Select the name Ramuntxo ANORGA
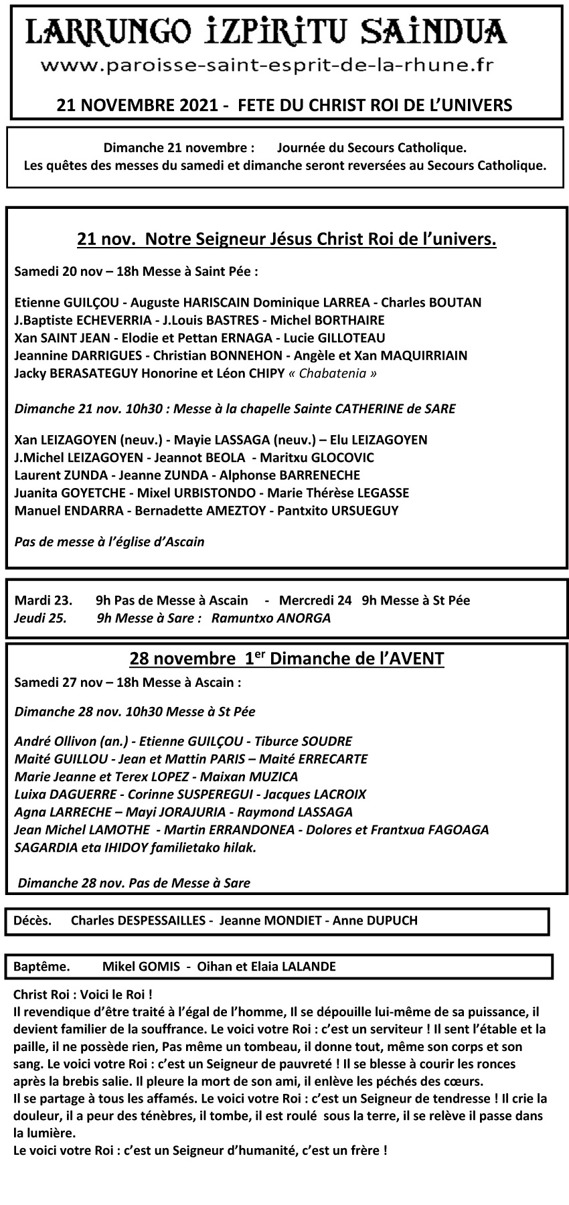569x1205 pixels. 271,618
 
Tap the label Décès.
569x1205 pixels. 32,920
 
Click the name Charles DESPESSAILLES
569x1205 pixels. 139,920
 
